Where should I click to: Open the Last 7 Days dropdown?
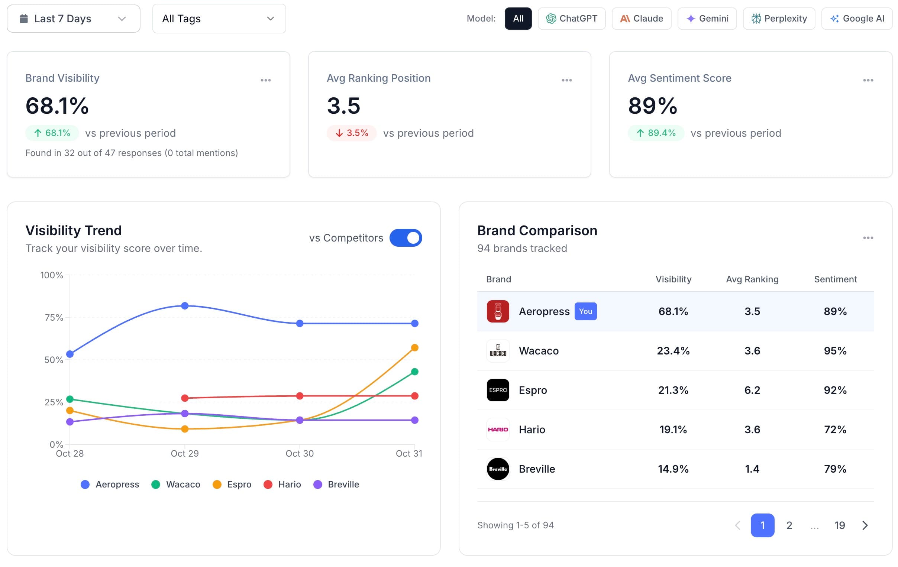(74, 19)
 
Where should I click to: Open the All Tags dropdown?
(219, 19)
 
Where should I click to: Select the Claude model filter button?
(642, 19)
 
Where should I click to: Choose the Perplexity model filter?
(779, 19)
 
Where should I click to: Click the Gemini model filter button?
(707, 19)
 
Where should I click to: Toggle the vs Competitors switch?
(406, 238)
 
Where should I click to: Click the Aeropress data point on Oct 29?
(185, 306)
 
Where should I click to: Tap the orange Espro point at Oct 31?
(415, 348)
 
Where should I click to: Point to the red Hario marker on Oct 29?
(185, 398)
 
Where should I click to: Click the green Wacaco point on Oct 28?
(70, 399)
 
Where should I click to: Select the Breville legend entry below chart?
(336, 484)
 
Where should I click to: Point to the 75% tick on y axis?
(54, 318)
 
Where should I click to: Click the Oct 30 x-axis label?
(300, 454)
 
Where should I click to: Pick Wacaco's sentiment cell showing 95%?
(835, 351)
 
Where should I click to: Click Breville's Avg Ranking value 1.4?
(752, 469)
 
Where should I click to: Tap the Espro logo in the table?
(498, 390)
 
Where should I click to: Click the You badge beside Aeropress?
(585, 311)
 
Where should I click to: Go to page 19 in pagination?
(839, 525)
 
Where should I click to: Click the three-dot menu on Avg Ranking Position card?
(566, 80)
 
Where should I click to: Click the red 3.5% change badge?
(352, 133)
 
